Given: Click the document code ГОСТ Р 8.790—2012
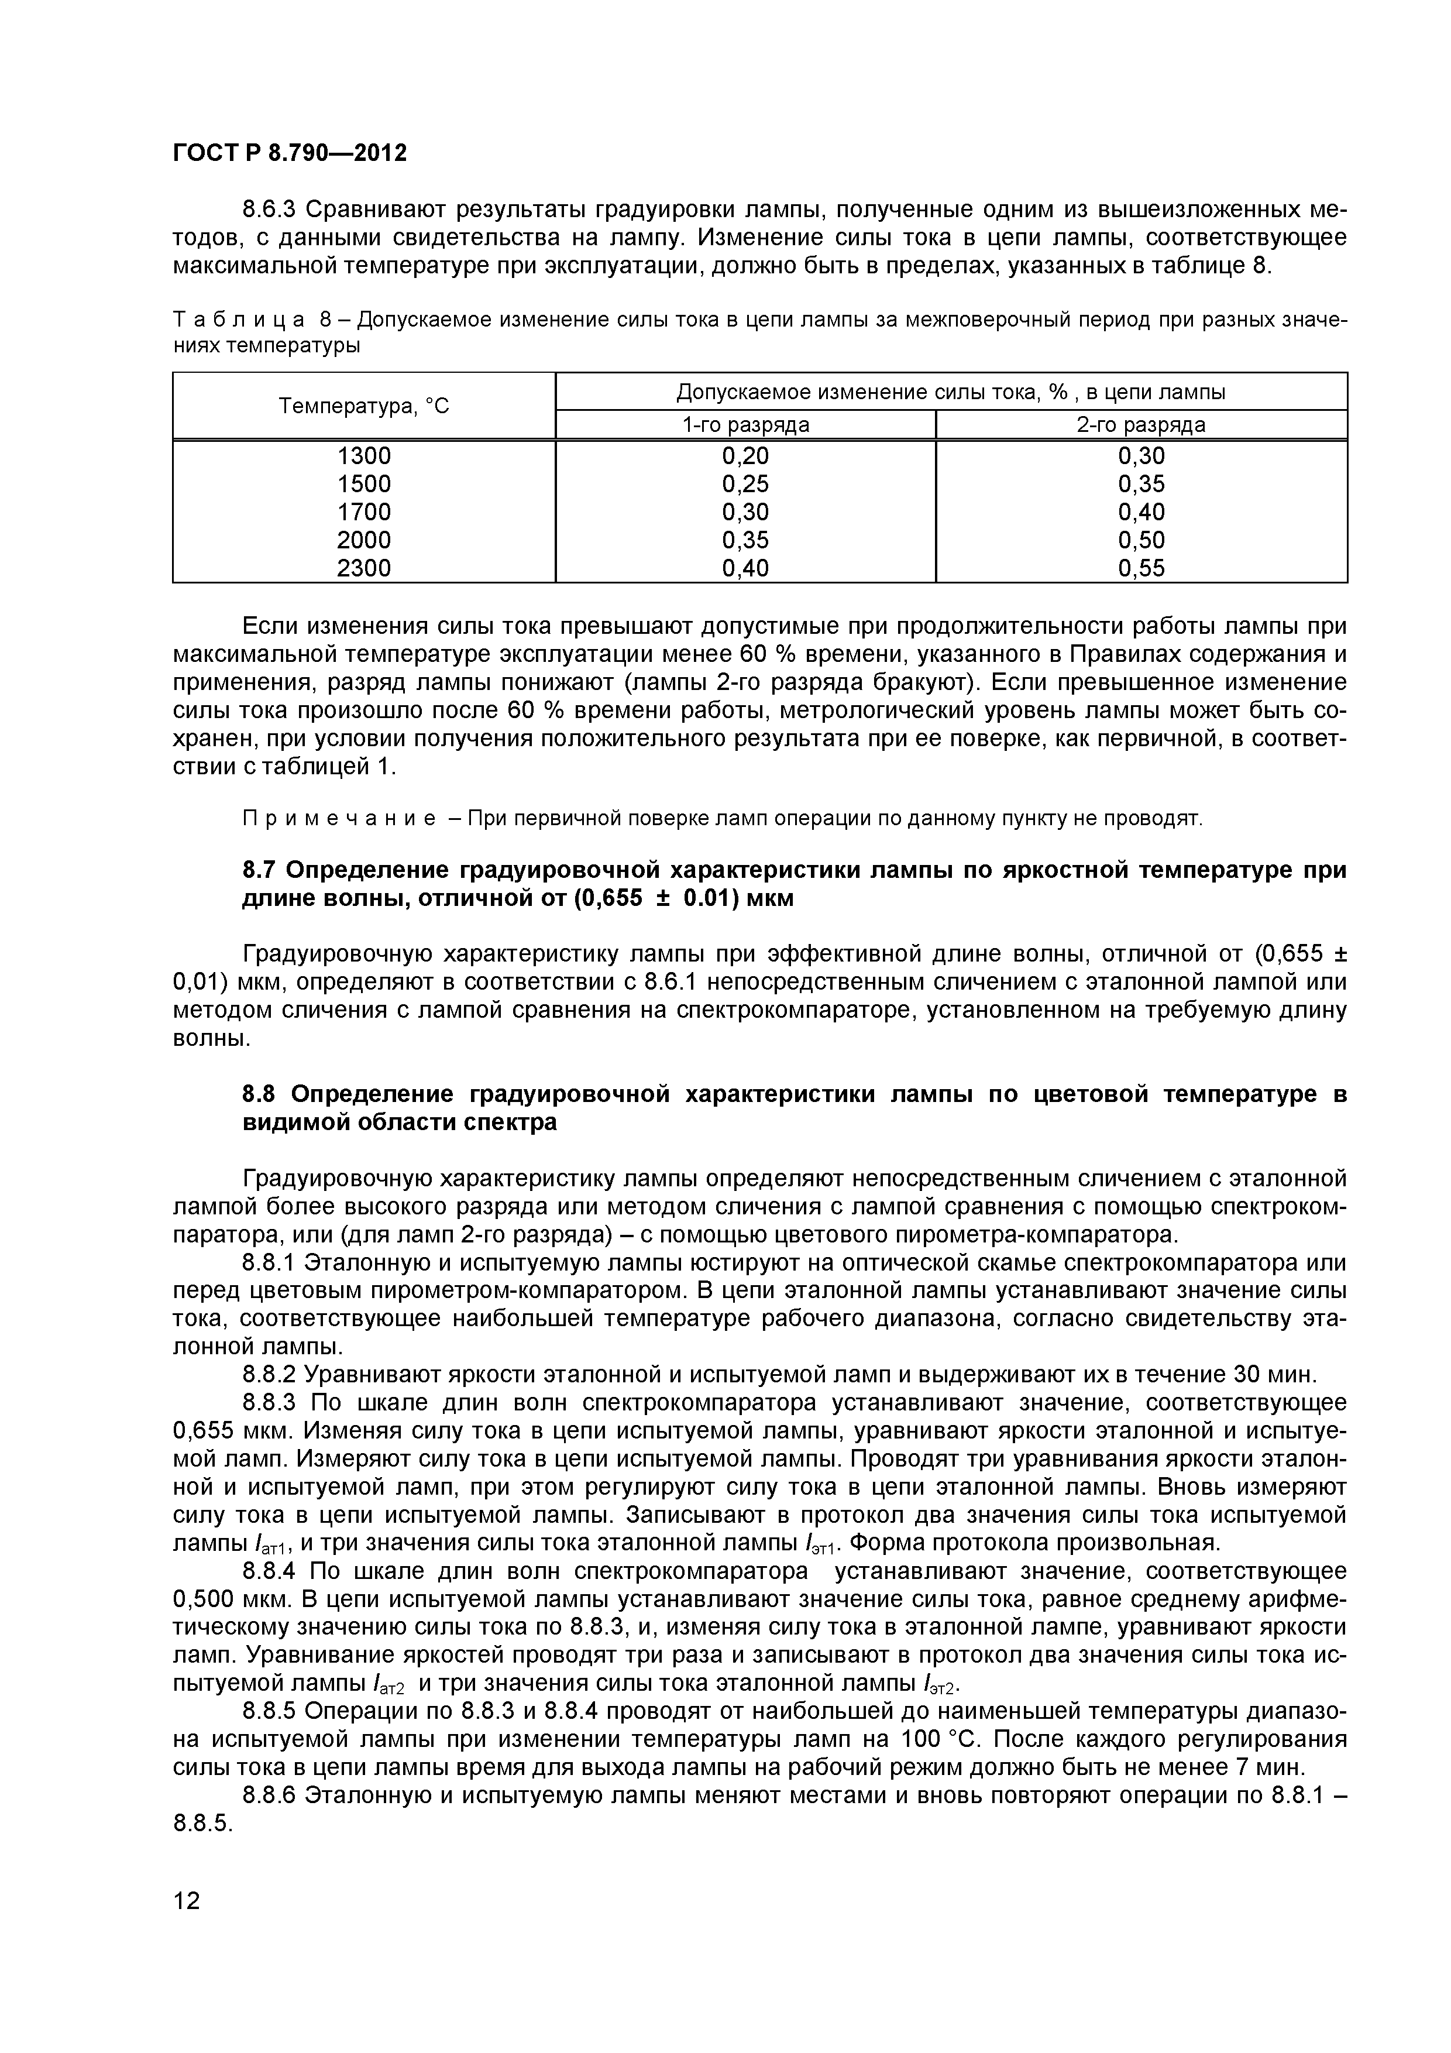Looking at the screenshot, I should (x=290, y=153).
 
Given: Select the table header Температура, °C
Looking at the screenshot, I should (x=364, y=406).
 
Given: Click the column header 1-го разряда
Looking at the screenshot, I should (x=745, y=425).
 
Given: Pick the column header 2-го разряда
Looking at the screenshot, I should (x=1141, y=425).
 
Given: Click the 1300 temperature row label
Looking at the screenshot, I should (x=364, y=456).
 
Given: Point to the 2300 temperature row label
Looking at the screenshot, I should (x=364, y=568).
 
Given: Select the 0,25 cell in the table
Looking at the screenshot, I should (x=745, y=484).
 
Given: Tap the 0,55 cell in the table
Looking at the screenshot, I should (x=1141, y=568).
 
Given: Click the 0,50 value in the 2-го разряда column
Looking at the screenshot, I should (x=1141, y=540).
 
